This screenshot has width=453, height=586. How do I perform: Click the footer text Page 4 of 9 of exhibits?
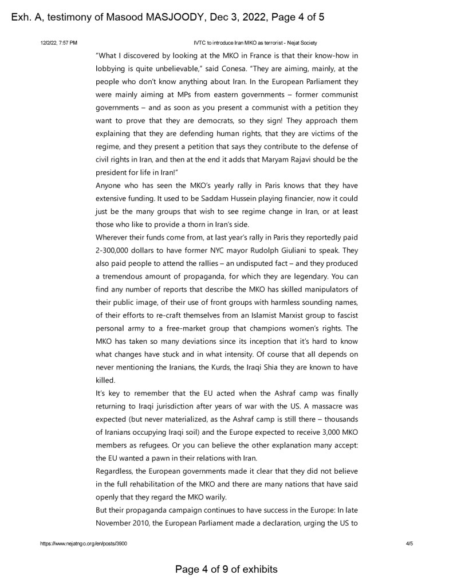click(226, 569)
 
